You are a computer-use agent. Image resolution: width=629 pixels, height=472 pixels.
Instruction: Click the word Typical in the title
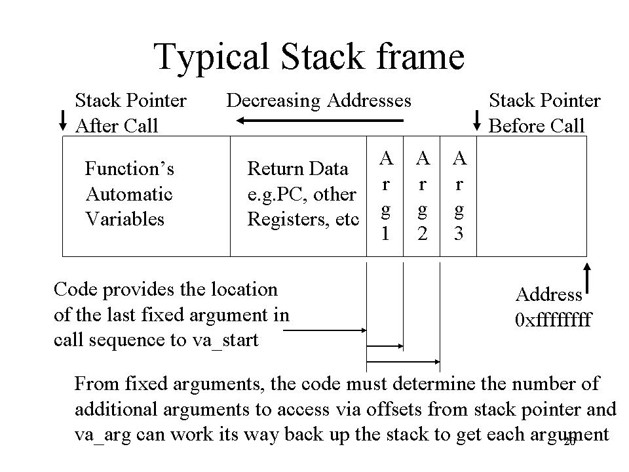pos(211,58)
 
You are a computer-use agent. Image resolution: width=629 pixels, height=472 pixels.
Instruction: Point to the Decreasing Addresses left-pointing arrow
pos(320,120)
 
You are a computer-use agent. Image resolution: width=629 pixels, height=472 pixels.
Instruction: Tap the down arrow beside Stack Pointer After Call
pos(63,121)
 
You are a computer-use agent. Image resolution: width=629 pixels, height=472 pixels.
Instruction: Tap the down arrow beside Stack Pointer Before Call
pos(476,121)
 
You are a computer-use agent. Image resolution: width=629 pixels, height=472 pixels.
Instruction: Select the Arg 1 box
pos(385,196)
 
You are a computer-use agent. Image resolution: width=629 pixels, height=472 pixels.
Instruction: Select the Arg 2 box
pos(421,196)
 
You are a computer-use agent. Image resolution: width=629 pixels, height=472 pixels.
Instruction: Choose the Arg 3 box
pos(459,196)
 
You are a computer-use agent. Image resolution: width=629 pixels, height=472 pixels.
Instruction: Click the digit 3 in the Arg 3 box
pos(459,233)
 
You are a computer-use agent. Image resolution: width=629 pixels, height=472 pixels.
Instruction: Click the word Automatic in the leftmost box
pos(129,194)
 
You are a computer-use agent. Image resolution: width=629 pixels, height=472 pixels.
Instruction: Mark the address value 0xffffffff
pos(553,319)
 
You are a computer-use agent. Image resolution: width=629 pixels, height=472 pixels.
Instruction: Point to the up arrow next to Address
pos(587,279)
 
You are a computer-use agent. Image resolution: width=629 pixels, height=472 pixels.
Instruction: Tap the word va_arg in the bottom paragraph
pos(103,435)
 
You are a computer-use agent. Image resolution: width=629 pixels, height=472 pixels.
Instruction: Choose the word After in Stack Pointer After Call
pos(96,126)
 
